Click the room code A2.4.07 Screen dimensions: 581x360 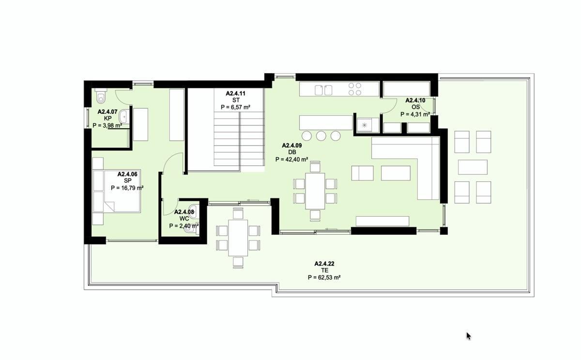107,112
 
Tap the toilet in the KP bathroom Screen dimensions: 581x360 100,96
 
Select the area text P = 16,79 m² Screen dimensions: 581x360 127,188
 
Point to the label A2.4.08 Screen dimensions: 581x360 184,212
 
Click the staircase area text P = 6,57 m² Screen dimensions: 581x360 235,107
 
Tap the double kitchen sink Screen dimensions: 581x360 323,90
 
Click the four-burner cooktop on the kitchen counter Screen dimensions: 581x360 355,89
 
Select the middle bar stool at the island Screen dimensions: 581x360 321,136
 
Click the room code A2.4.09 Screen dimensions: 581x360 292,145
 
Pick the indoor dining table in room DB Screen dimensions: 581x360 315,191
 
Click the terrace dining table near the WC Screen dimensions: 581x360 238,238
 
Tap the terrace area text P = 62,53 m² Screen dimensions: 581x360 324,277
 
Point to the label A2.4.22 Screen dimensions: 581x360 324,264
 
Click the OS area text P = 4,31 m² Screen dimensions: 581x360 415,114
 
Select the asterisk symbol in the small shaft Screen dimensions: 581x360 365,125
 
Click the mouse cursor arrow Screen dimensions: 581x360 469,336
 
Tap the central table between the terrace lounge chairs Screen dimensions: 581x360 473,167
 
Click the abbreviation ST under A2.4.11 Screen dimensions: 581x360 236,100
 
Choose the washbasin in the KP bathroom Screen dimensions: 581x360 124,117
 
